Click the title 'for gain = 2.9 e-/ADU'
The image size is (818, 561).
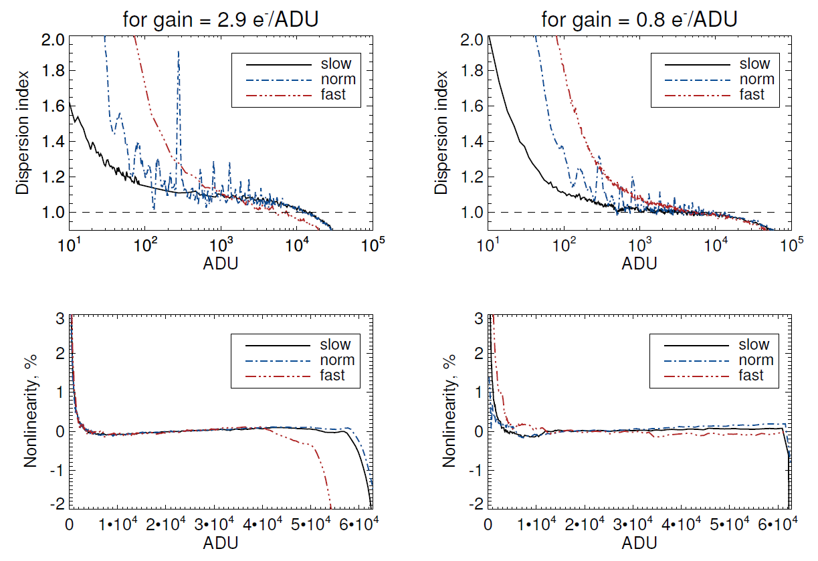tap(219, 19)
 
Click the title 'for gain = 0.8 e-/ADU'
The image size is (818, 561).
tap(639, 19)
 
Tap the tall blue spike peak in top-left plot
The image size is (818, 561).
tap(179, 51)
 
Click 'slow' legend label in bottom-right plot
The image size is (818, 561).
tap(754, 345)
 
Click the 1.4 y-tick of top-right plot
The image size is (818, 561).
tap(472, 142)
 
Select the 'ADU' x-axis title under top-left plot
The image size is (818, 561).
tap(220, 263)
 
